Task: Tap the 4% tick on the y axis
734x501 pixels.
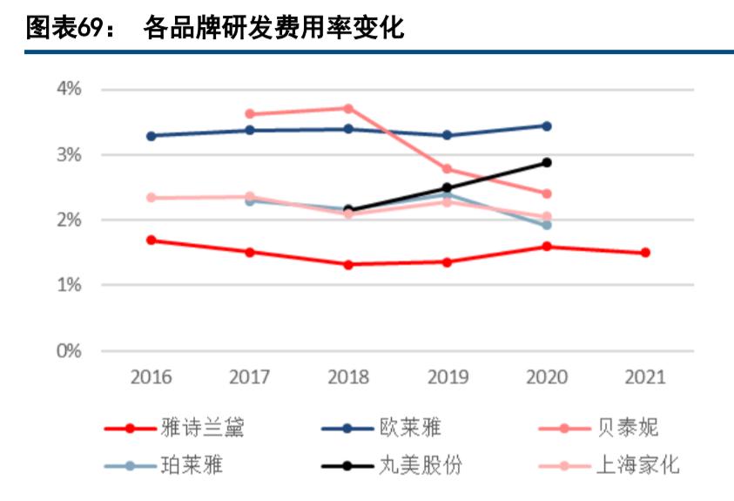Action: tap(69, 89)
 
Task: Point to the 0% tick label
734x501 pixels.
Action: tap(69, 351)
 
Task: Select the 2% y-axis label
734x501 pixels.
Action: tap(69, 220)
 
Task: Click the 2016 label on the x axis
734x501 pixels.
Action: tap(151, 377)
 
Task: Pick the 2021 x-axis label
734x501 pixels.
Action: tap(645, 377)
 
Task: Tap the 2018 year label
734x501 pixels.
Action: tap(348, 377)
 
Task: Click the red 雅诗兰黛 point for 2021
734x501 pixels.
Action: tap(645, 253)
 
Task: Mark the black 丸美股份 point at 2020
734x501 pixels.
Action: tap(547, 162)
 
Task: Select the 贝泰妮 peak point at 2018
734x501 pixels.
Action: tap(348, 108)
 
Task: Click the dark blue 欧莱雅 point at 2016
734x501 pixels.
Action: tap(151, 136)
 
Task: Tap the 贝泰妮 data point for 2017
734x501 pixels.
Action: tap(250, 114)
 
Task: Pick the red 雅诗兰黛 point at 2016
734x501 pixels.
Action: tap(151, 240)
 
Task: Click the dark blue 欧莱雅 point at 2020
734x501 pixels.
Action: tap(547, 125)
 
